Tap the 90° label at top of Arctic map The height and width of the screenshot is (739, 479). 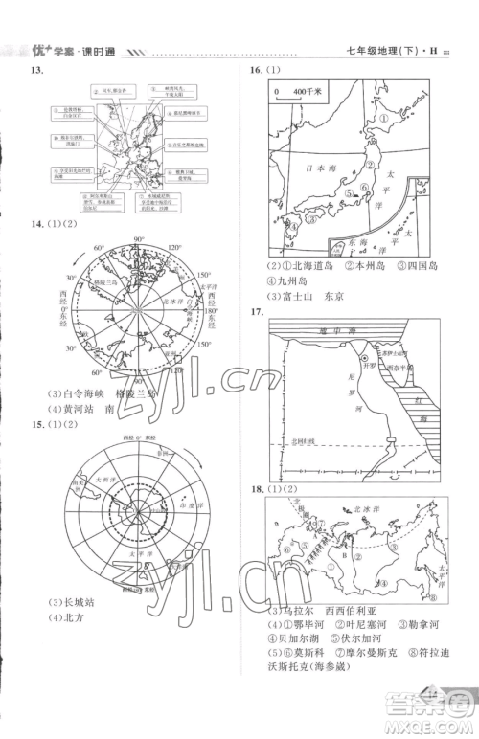coord(137,239)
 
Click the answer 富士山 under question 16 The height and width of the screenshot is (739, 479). coord(294,295)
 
